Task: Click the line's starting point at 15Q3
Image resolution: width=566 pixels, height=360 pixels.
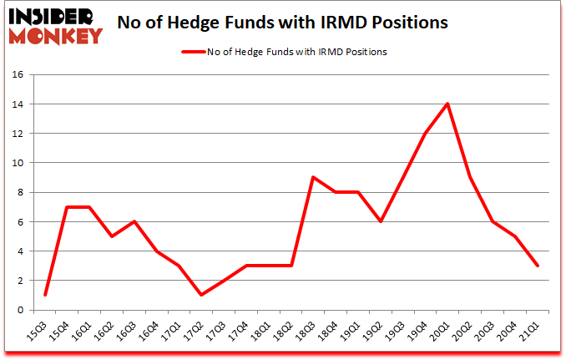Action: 44,295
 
